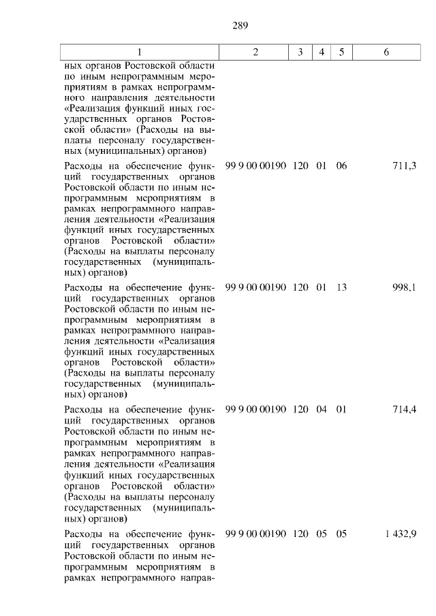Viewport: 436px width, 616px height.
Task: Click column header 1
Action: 140,52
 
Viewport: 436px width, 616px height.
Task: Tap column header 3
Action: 300,52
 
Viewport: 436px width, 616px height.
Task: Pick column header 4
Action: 321,52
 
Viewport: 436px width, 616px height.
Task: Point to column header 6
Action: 386,52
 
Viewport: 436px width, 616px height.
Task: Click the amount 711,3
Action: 405,166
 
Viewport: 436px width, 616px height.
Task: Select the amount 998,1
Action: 405,288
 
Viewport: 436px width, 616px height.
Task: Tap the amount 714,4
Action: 405,410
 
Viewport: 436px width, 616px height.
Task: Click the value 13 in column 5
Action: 341,288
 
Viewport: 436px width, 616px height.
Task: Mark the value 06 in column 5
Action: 341,166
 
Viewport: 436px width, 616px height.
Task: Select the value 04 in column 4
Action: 322,410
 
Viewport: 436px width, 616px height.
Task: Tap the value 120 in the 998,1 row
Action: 300,288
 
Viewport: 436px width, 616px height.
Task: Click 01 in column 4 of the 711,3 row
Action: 322,166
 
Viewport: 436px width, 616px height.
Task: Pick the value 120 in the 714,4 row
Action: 300,410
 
